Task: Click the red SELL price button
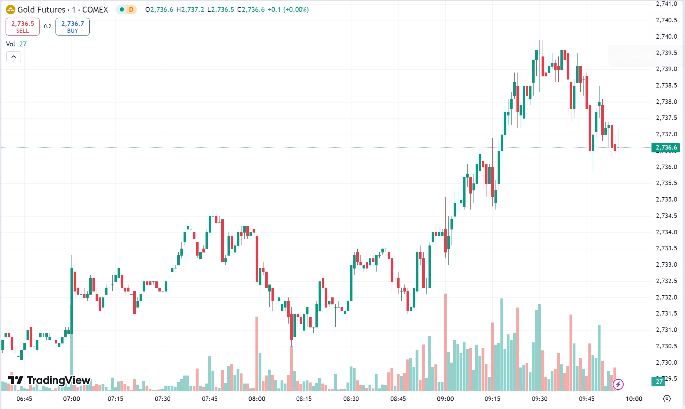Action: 23,27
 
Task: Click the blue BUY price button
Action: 73,27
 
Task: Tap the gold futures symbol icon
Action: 10,10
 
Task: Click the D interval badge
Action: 131,10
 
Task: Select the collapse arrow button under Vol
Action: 14,56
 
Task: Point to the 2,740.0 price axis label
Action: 666,37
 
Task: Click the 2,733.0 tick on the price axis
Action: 666,265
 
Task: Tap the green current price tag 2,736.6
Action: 665,147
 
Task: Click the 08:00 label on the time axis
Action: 257,399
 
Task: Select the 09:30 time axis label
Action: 539,399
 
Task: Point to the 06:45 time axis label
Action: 24,399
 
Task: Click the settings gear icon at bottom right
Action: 667,399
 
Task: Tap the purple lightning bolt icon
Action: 618,384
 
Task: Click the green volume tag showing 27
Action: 659,381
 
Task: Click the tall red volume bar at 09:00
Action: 445,342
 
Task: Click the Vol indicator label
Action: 11,44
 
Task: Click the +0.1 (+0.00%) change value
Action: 288,10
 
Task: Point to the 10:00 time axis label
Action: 634,399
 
